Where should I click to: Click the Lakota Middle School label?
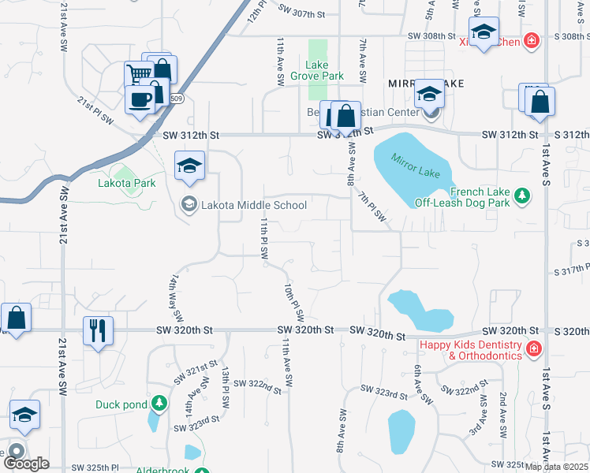[253, 205]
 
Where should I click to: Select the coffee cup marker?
[141, 101]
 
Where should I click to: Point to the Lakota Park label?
[126, 183]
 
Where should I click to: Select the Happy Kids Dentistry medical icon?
[533, 348]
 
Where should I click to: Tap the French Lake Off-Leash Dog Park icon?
[521, 195]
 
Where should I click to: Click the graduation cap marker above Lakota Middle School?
[189, 166]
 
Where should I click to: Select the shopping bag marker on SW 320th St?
[16, 318]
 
